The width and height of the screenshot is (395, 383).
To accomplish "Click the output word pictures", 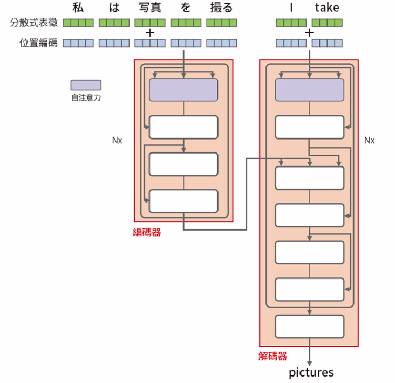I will (311, 372).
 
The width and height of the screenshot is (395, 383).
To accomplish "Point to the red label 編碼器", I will (147, 233).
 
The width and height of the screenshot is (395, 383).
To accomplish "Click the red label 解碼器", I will (273, 356).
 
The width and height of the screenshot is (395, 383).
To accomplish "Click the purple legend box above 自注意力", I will (85, 85).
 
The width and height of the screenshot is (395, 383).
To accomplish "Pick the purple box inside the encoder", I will (183, 89).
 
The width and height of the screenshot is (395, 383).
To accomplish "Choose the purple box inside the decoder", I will (310, 89).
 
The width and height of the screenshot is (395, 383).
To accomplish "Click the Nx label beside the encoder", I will (117, 140).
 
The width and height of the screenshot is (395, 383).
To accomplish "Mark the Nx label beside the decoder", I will (370, 140).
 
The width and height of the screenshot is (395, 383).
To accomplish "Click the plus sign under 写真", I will (150, 33).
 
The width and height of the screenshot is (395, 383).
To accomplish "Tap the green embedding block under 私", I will (78, 23).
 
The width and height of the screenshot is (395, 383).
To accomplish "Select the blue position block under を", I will (186, 43).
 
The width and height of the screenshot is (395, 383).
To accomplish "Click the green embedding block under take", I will (327, 23).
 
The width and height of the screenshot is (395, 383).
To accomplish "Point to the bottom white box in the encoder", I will (183, 201).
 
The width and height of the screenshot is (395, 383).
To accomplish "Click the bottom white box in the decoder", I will (310, 326).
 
